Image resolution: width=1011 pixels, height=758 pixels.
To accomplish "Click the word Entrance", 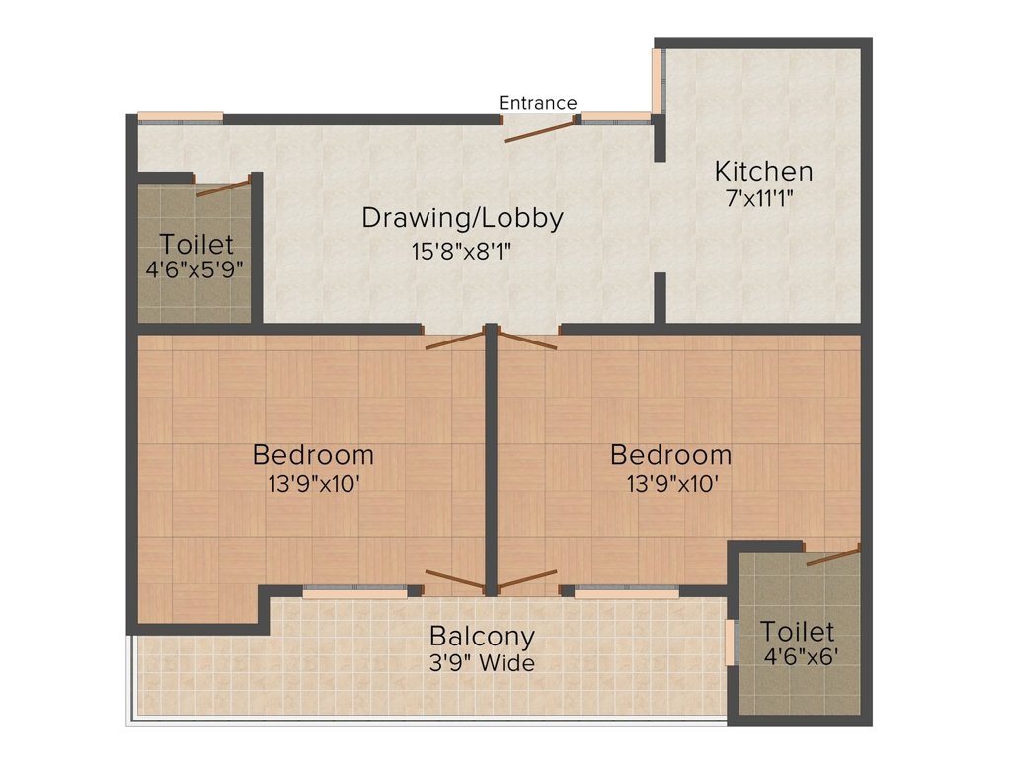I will click(x=537, y=103).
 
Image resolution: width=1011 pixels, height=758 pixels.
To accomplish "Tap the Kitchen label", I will click(x=763, y=171).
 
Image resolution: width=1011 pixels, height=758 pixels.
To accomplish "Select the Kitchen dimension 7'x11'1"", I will click(x=759, y=197).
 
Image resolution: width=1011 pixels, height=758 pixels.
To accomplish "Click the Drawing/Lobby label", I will click(x=462, y=217).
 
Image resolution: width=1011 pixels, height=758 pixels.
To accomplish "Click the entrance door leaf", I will click(x=538, y=129).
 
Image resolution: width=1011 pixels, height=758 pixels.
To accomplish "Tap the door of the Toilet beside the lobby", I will click(x=223, y=188).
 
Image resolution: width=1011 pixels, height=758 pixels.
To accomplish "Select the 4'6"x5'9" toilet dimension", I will click(x=194, y=267).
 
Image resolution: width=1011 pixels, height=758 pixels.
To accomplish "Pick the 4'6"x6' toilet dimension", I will click(x=801, y=655).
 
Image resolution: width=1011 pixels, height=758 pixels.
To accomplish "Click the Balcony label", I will click(x=482, y=637).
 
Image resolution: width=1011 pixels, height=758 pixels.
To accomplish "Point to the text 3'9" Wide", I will click(x=482, y=663).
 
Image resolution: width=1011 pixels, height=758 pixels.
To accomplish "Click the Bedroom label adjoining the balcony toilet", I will click(x=670, y=455).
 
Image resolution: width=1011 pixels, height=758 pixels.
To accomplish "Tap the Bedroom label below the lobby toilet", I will click(x=313, y=455).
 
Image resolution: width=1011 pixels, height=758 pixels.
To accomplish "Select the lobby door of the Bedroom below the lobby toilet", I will click(x=454, y=341).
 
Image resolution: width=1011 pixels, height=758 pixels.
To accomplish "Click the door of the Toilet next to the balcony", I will click(x=832, y=555).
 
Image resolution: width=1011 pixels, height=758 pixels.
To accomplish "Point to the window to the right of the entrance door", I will click(x=614, y=117).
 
